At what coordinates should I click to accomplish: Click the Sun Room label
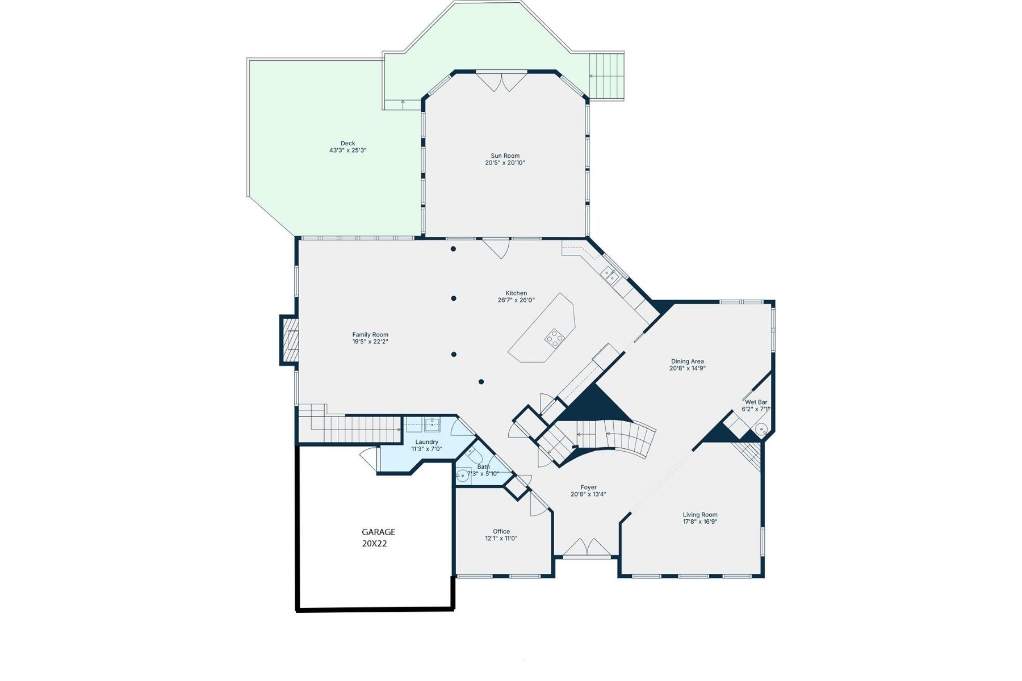pos(505,155)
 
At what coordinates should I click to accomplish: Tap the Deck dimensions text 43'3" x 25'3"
pos(347,150)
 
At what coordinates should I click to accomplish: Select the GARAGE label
pos(378,532)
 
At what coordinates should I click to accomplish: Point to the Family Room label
pos(370,335)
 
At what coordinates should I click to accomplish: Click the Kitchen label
pos(516,293)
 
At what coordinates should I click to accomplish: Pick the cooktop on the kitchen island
pos(554,338)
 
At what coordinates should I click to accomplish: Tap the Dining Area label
pos(687,361)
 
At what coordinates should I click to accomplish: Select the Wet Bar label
pos(756,402)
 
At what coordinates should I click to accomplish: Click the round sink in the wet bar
pos(761,428)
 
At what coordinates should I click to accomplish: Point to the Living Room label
pos(700,515)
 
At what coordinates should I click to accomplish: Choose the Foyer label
pos(588,487)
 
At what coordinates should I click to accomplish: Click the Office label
pos(501,531)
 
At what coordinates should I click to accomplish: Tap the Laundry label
pos(426,442)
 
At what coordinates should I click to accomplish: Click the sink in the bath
pos(463,475)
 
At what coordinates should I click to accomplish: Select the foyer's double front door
pos(587,548)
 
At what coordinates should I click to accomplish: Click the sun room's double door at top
pos(501,81)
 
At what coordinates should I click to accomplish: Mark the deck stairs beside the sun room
pos(606,76)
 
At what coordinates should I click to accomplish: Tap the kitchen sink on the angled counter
pos(610,276)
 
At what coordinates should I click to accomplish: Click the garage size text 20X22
pos(374,543)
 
